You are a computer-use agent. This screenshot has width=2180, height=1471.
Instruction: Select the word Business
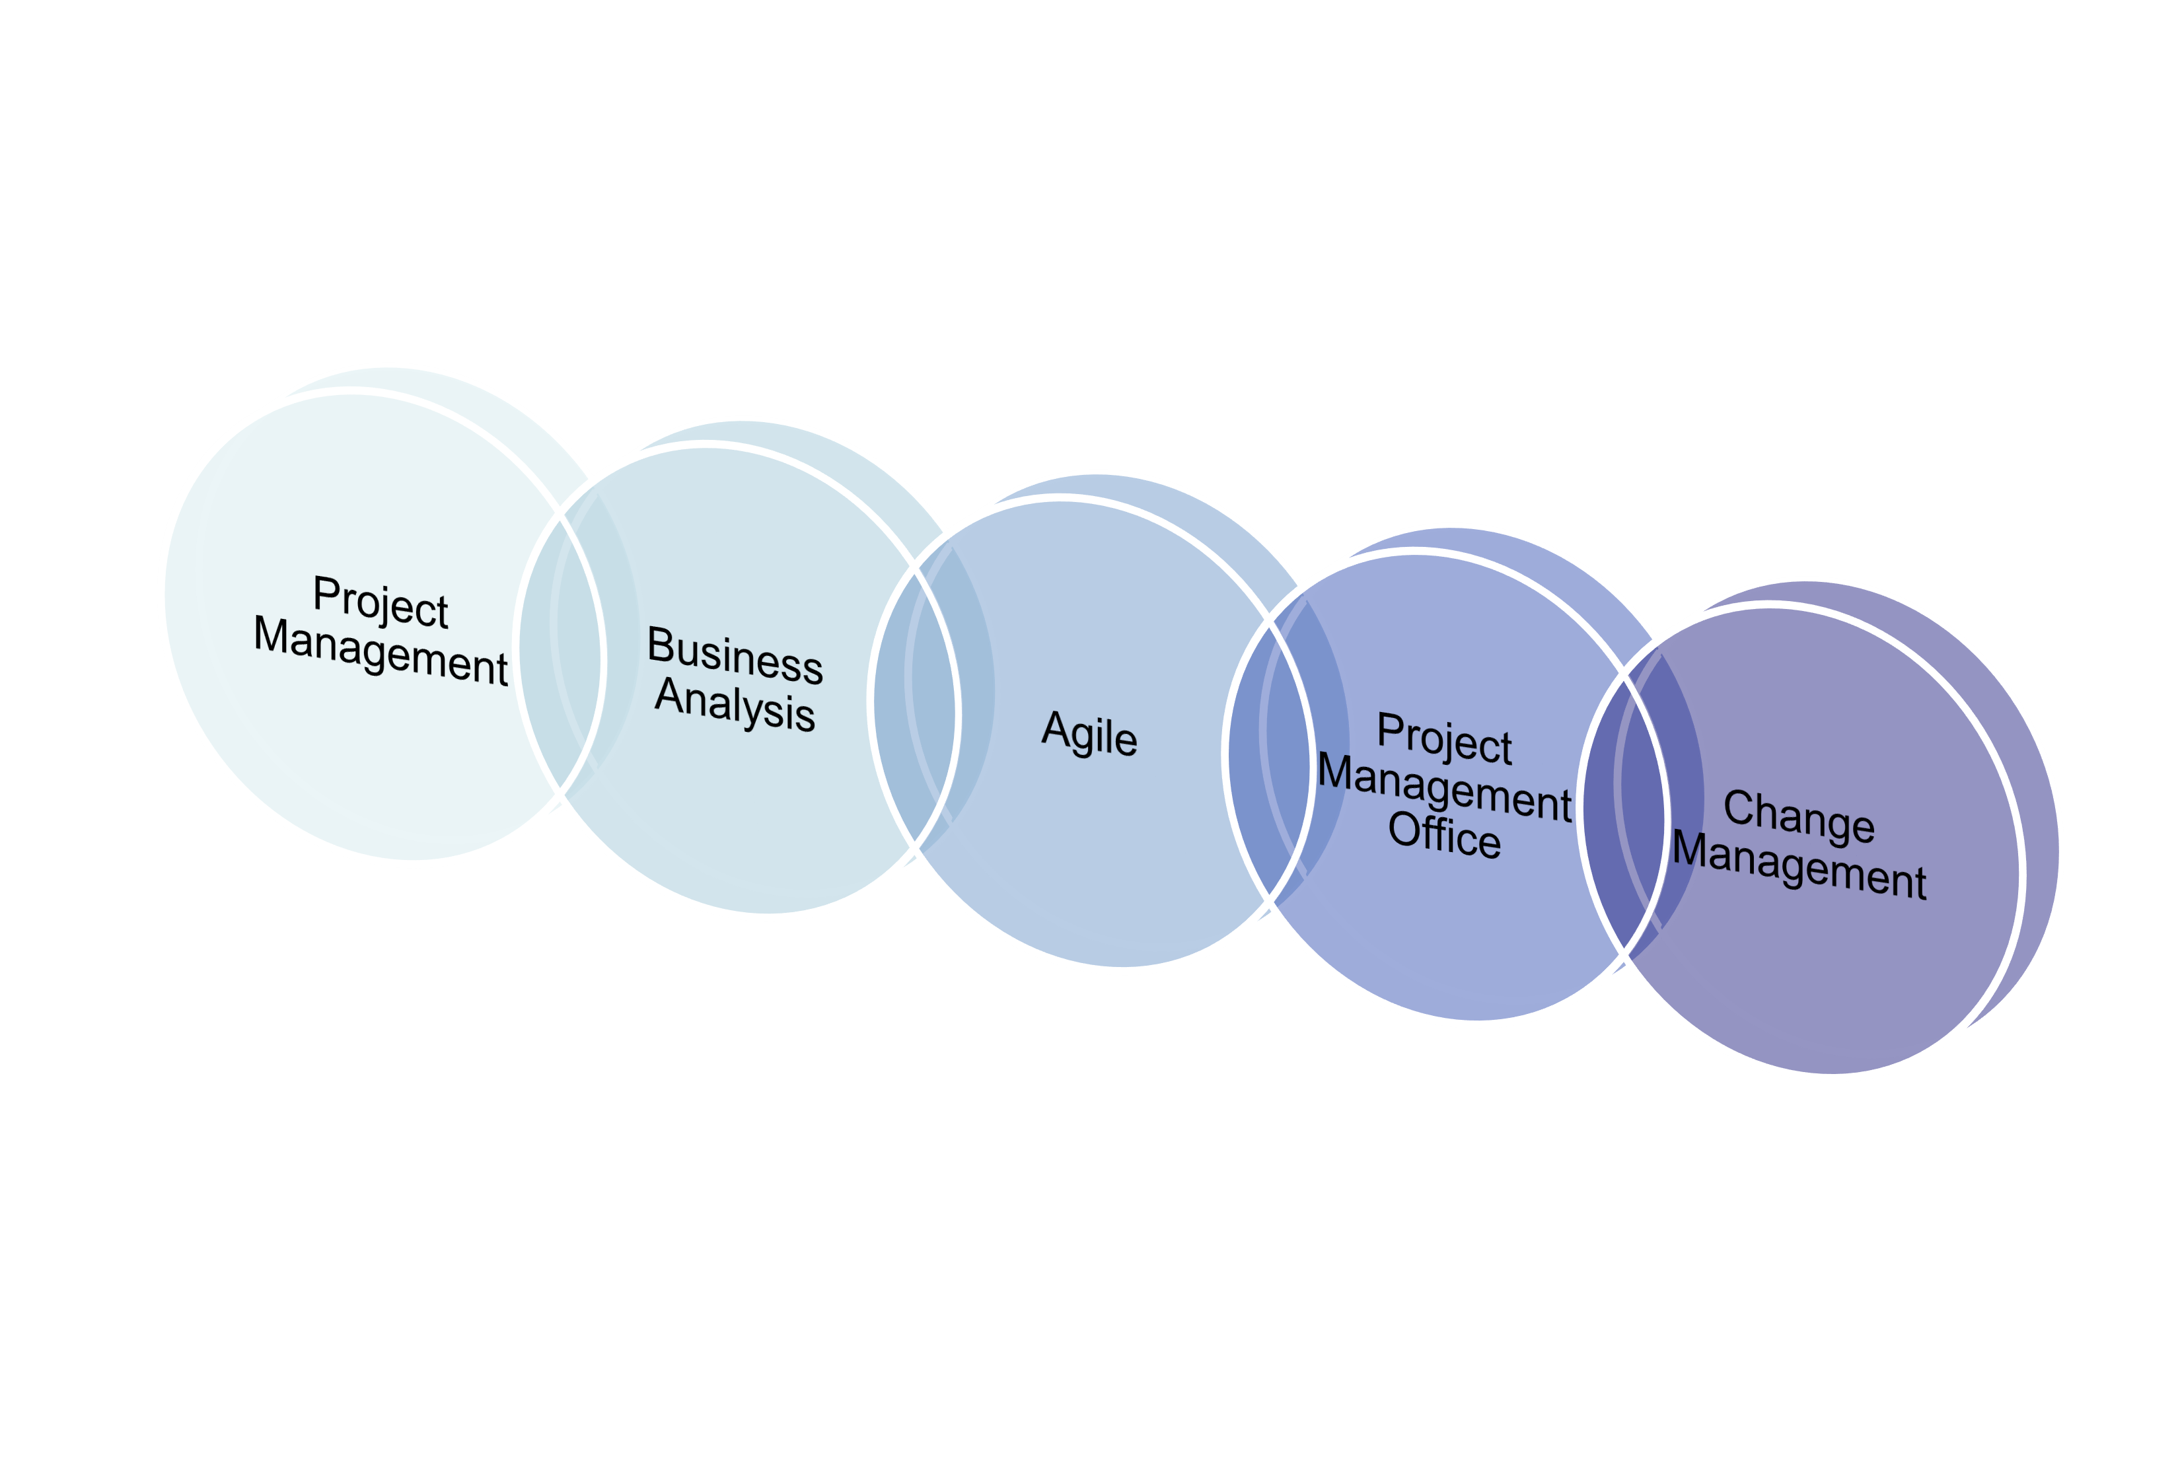click(735, 654)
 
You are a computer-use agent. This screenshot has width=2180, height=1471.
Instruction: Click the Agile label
click(1090, 734)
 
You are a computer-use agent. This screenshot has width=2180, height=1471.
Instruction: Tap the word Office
click(1445, 834)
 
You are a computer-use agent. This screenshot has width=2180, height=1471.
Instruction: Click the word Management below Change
click(1799, 865)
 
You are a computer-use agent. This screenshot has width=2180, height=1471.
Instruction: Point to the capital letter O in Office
click(1404, 830)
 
